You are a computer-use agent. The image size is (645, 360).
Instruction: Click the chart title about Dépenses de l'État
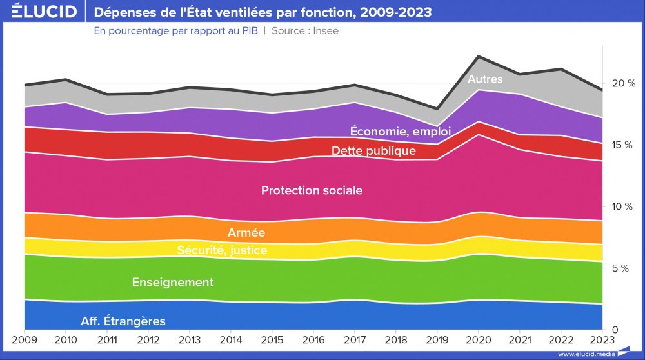[263, 12]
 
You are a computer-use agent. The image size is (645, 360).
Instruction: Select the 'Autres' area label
[485, 79]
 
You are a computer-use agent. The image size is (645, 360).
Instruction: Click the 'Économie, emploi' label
[400, 131]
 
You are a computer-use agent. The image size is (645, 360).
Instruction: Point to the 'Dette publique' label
[373, 151]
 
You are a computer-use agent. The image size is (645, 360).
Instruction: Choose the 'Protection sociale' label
[312, 190]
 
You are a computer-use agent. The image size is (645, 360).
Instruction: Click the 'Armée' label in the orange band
[246, 232]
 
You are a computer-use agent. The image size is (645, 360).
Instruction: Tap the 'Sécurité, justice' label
[222, 250]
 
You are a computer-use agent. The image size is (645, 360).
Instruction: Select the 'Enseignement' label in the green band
[172, 282]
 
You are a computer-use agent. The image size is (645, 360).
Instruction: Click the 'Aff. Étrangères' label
[123, 321]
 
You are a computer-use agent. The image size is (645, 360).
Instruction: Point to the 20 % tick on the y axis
[624, 83]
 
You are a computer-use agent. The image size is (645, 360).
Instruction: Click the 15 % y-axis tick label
[624, 145]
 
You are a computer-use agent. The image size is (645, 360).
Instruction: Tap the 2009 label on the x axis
[24, 340]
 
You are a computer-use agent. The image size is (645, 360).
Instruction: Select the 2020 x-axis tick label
[477, 340]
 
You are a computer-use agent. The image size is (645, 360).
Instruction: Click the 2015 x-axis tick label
[272, 340]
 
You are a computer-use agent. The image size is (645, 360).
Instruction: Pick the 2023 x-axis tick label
[601, 340]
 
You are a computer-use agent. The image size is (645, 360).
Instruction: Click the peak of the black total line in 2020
[477, 56]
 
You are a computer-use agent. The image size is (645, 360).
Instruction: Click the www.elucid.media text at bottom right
[586, 354]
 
